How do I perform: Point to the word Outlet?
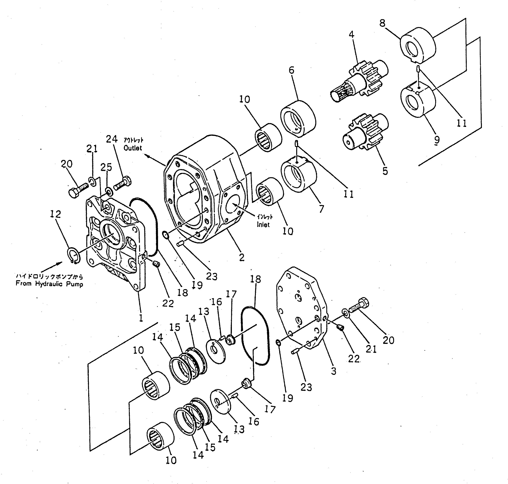pyautogui.click(x=133, y=148)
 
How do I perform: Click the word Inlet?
pyautogui.click(x=263, y=225)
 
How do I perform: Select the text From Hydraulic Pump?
pyautogui.click(x=50, y=284)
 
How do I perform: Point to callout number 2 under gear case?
pyautogui.click(x=242, y=257)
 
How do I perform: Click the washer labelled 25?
pyautogui.click(x=109, y=192)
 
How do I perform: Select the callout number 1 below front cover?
pyautogui.click(x=141, y=318)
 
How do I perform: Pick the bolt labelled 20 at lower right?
pyautogui.click(x=359, y=305)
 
